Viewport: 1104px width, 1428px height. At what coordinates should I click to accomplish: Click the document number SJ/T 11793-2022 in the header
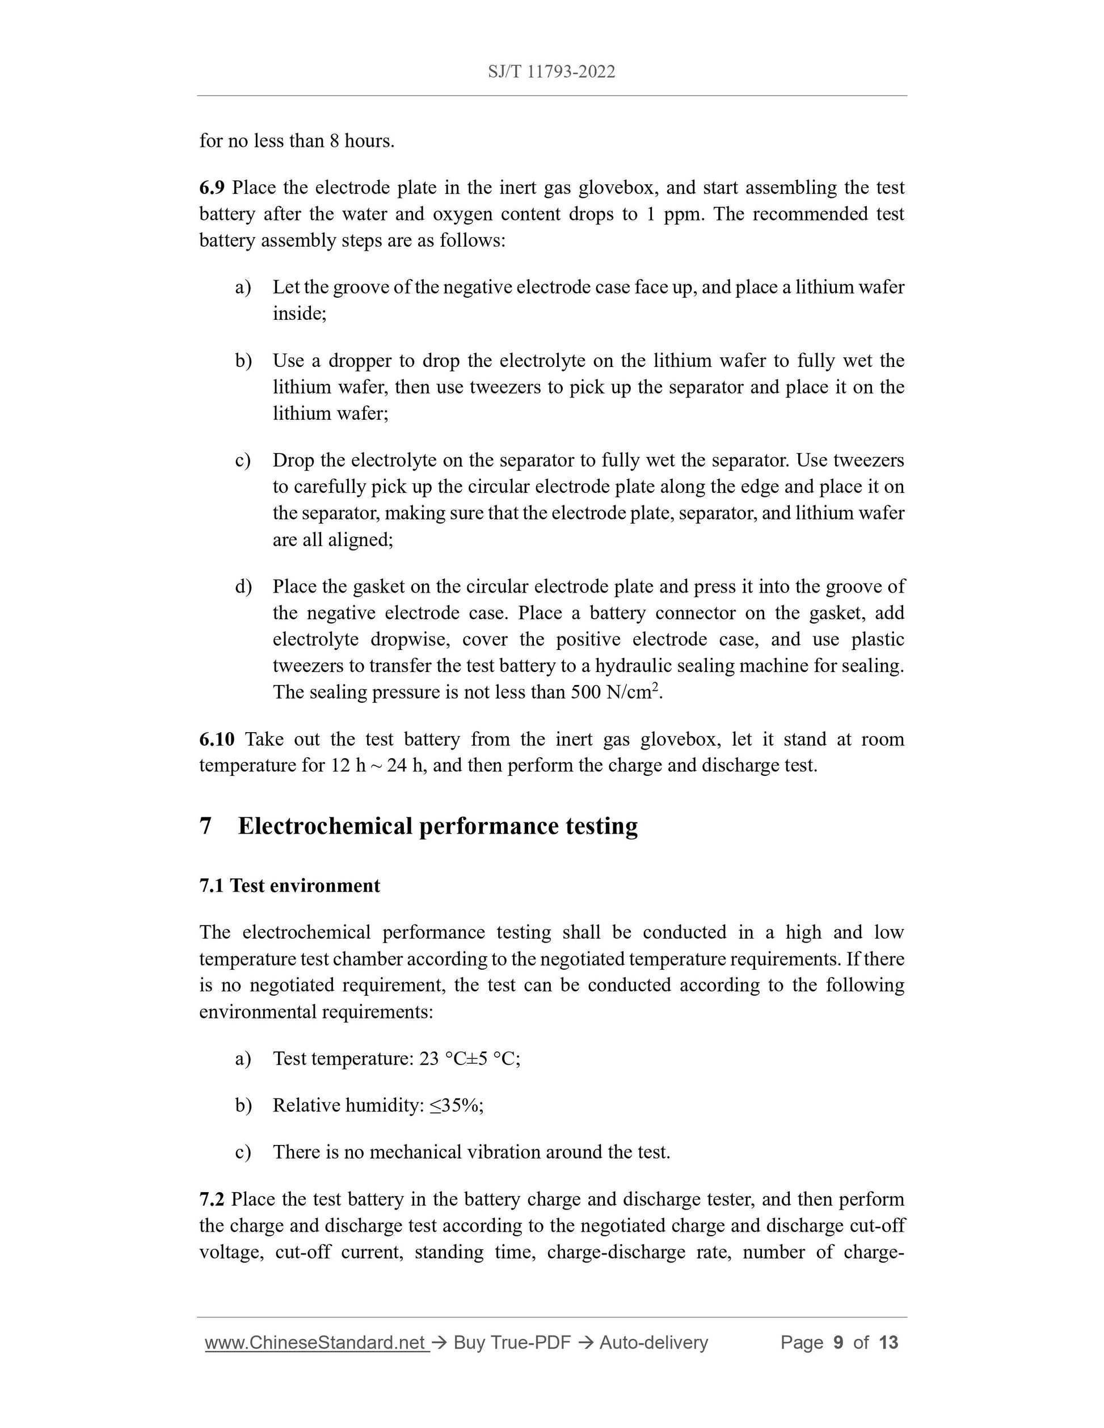[x=551, y=72]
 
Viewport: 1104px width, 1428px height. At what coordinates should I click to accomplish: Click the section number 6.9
[x=212, y=188]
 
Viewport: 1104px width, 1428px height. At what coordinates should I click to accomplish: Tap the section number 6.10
[x=217, y=739]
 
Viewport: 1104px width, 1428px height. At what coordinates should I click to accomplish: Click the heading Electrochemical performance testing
[x=437, y=826]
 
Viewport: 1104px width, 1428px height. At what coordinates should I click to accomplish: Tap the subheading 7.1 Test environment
[x=290, y=885]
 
